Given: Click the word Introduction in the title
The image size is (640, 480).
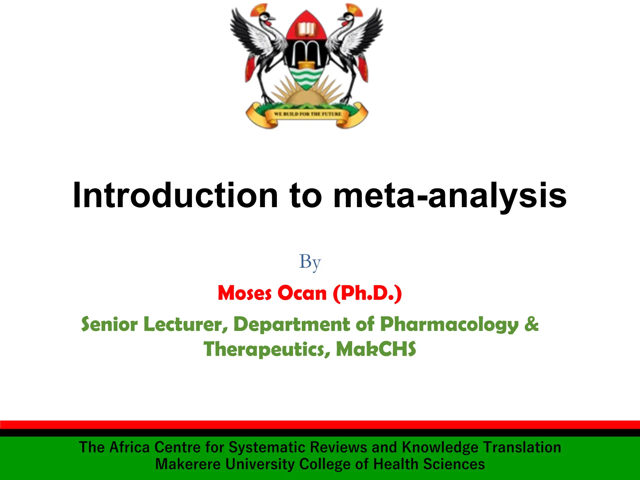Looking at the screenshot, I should [175, 195].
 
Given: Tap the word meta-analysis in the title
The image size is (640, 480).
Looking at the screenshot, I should [450, 195].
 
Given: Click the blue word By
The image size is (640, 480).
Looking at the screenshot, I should [310, 262].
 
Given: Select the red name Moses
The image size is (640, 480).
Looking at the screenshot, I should [245, 293].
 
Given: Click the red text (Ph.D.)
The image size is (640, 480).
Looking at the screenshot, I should [367, 293].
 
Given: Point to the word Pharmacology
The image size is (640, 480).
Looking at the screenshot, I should [449, 324].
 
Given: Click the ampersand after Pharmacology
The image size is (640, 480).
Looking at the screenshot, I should [532, 324].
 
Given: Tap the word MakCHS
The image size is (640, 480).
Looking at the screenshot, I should [376, 349].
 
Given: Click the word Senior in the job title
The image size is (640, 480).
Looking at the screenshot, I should [109, 324].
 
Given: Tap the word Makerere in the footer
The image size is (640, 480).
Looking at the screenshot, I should [188, 464].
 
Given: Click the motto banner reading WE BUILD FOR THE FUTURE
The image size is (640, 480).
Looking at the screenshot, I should [307, 114].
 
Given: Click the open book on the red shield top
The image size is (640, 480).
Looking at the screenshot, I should [306, 29].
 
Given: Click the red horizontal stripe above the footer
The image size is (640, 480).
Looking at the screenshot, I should [320, 425].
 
